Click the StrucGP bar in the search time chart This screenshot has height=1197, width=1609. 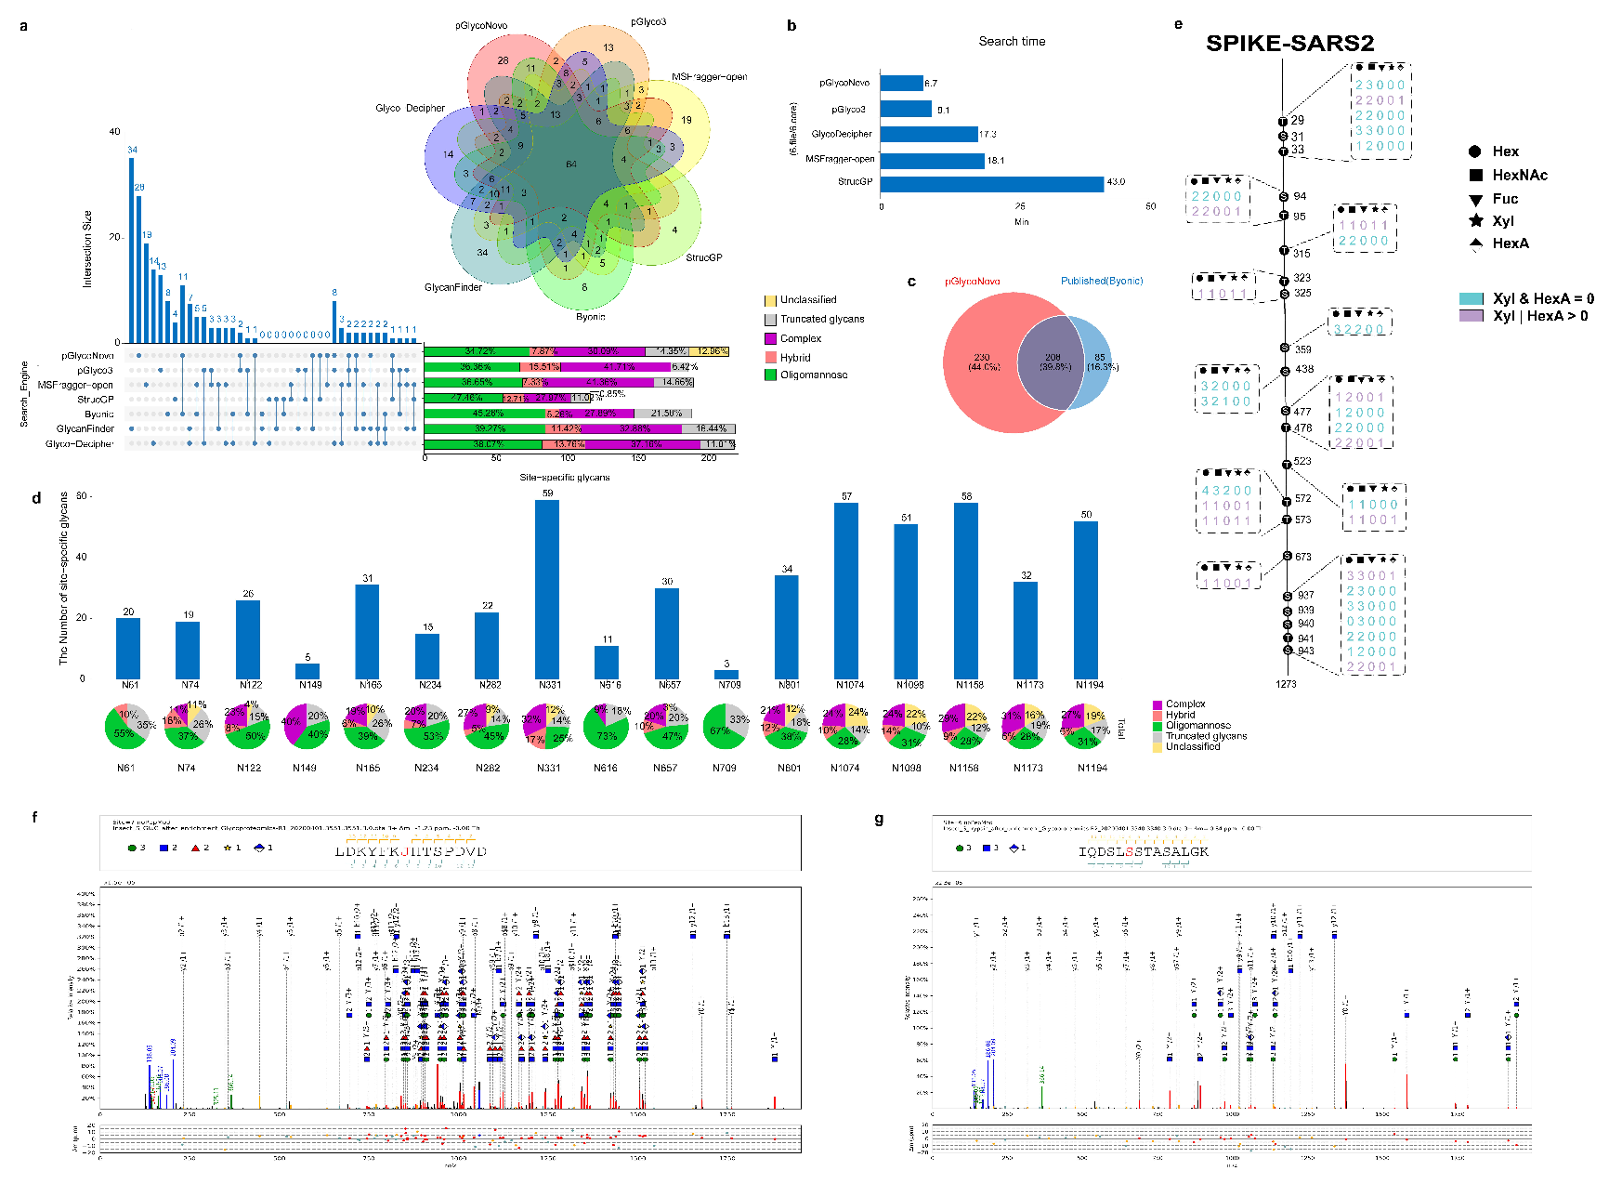991,183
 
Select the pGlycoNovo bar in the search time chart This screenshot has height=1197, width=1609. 901,84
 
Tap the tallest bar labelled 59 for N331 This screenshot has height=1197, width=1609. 547,590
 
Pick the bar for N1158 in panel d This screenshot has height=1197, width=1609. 967,591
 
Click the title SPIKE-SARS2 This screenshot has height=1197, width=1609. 1289,44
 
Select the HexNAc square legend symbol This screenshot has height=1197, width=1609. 1475,175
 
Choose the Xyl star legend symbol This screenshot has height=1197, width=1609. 1475,220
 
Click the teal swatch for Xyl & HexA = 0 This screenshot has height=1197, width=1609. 1472,298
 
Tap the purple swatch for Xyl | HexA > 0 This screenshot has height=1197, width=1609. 1472,316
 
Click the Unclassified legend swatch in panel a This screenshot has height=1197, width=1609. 770,300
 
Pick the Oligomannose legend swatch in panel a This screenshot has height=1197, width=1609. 770,375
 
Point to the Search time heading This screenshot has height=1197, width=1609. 1012,42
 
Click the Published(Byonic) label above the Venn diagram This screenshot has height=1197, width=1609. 1102,281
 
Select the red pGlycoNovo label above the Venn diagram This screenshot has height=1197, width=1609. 973,281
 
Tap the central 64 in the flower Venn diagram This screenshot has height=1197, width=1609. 571,164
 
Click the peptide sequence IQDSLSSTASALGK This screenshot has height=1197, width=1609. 1144,851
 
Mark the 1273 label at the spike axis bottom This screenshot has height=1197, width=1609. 1286,684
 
